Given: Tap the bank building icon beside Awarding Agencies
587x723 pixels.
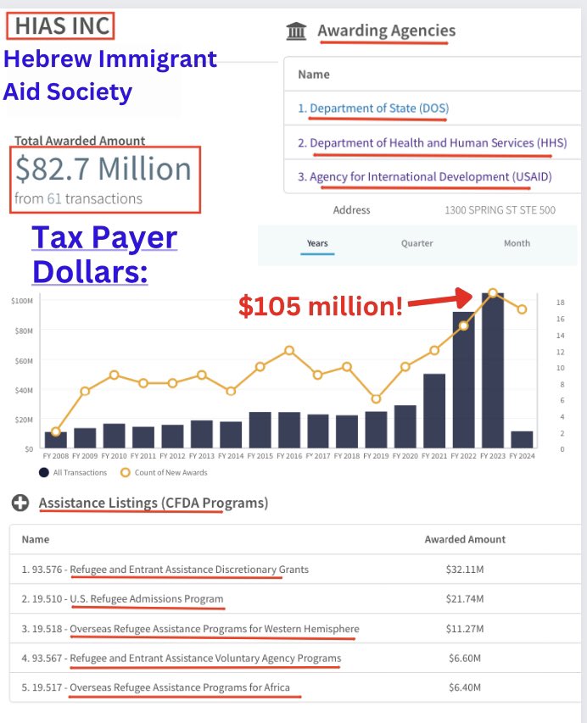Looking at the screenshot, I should click(x=297, y=32).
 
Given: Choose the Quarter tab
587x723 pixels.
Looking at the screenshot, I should click(x=416, y=243).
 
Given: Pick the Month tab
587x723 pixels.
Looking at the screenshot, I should click(x=517, y=243).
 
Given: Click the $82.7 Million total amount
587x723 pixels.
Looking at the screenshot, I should click(x=103, y=170).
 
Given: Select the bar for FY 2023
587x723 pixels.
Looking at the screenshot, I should click(x=492, y=370).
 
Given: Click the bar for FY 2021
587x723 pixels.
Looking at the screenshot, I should click(x=434, y=410).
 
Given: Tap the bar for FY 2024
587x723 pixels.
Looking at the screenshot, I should click(x=522, y=439).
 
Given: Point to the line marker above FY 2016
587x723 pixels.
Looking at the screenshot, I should click(x=289, y=350).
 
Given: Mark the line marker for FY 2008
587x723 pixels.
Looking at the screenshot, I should click(x=56, y=431).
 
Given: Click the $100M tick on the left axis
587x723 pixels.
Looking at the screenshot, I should click(x=22, y=301).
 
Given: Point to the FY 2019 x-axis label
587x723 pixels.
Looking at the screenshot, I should click(x=376, y=456).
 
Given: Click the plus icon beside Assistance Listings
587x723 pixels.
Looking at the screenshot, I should click(x=20, y=503).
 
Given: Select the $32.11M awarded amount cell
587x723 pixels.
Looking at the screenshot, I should click(x=464, y=570).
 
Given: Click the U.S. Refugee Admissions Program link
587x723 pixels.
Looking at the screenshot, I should click(x=147, y=599).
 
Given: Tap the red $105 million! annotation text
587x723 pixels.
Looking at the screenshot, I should click(x=321, y=306).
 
